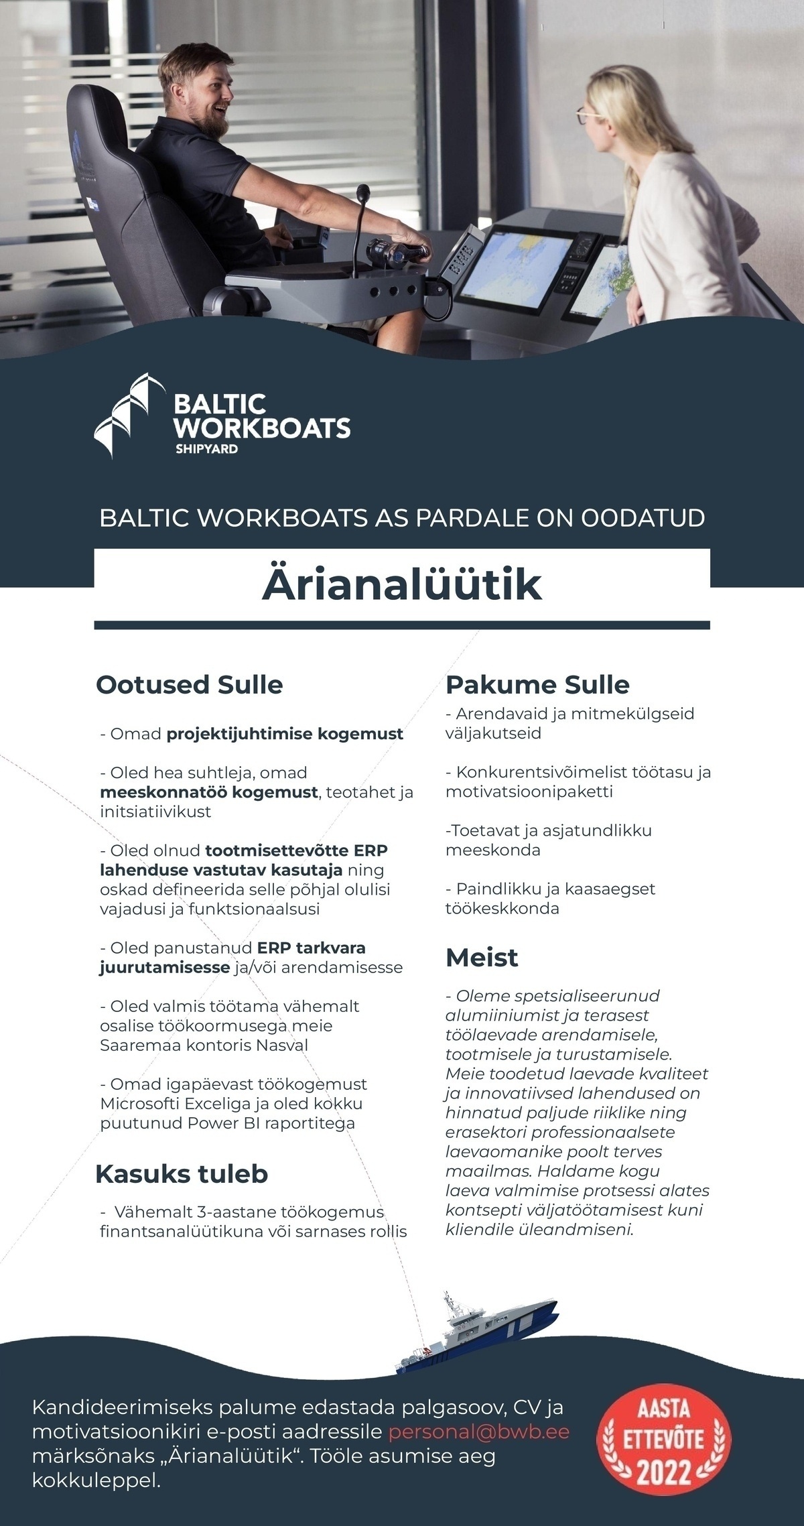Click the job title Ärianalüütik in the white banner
[x=401, y=585]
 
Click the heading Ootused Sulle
[x=190, y=685]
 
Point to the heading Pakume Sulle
[x=537, y=685]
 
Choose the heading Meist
[x=482, y=958]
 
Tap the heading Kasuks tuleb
[x=182, y=1174]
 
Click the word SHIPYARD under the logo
[x=206, y=449]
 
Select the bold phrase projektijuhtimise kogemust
[x=285, y=734]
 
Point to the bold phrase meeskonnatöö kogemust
[x=208, y=792]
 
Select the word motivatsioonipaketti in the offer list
[x=529, y=792]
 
